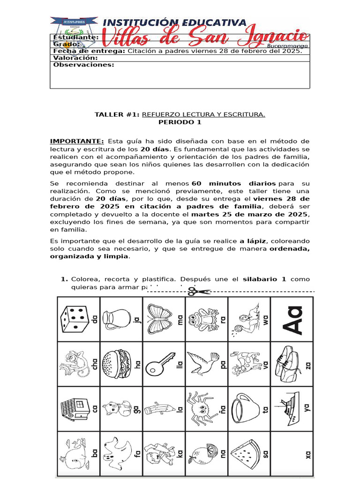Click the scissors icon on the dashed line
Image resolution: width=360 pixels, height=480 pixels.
[199, 291]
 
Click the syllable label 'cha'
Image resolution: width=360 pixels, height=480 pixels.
[96, 364]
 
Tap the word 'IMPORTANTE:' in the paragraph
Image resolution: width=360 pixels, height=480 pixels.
[77, 141]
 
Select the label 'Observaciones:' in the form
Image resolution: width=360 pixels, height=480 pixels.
[83, 65]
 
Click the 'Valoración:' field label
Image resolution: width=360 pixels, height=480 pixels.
[75, 58]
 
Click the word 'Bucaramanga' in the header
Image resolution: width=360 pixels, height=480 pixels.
[287, 46]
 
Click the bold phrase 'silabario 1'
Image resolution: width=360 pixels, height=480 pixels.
[264, 279]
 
